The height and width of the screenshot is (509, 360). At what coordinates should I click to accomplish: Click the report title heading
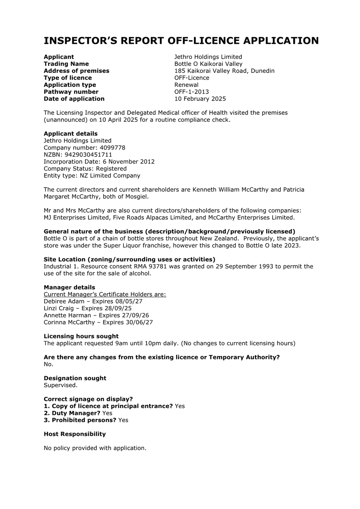181,41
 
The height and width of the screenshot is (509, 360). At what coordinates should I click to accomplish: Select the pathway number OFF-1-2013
191,92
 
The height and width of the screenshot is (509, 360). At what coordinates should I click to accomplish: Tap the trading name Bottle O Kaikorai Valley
208,64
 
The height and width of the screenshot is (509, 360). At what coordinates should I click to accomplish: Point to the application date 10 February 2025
200,99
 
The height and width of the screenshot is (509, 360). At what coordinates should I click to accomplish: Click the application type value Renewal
186,85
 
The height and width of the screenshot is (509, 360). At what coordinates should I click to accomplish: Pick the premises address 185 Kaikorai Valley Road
224,71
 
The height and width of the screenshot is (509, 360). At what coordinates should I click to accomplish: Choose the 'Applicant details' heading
70,133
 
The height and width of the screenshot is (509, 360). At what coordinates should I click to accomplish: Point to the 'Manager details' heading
69,287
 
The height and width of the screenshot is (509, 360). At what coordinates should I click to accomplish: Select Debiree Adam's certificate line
93,301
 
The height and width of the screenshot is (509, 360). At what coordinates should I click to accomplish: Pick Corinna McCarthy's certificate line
98,322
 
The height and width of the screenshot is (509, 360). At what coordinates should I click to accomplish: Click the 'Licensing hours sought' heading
81,336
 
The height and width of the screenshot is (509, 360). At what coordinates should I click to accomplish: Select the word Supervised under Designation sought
60,385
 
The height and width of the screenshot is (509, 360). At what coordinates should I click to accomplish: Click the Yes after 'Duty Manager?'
107,413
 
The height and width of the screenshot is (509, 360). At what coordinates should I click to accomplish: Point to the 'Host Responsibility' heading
74,434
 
